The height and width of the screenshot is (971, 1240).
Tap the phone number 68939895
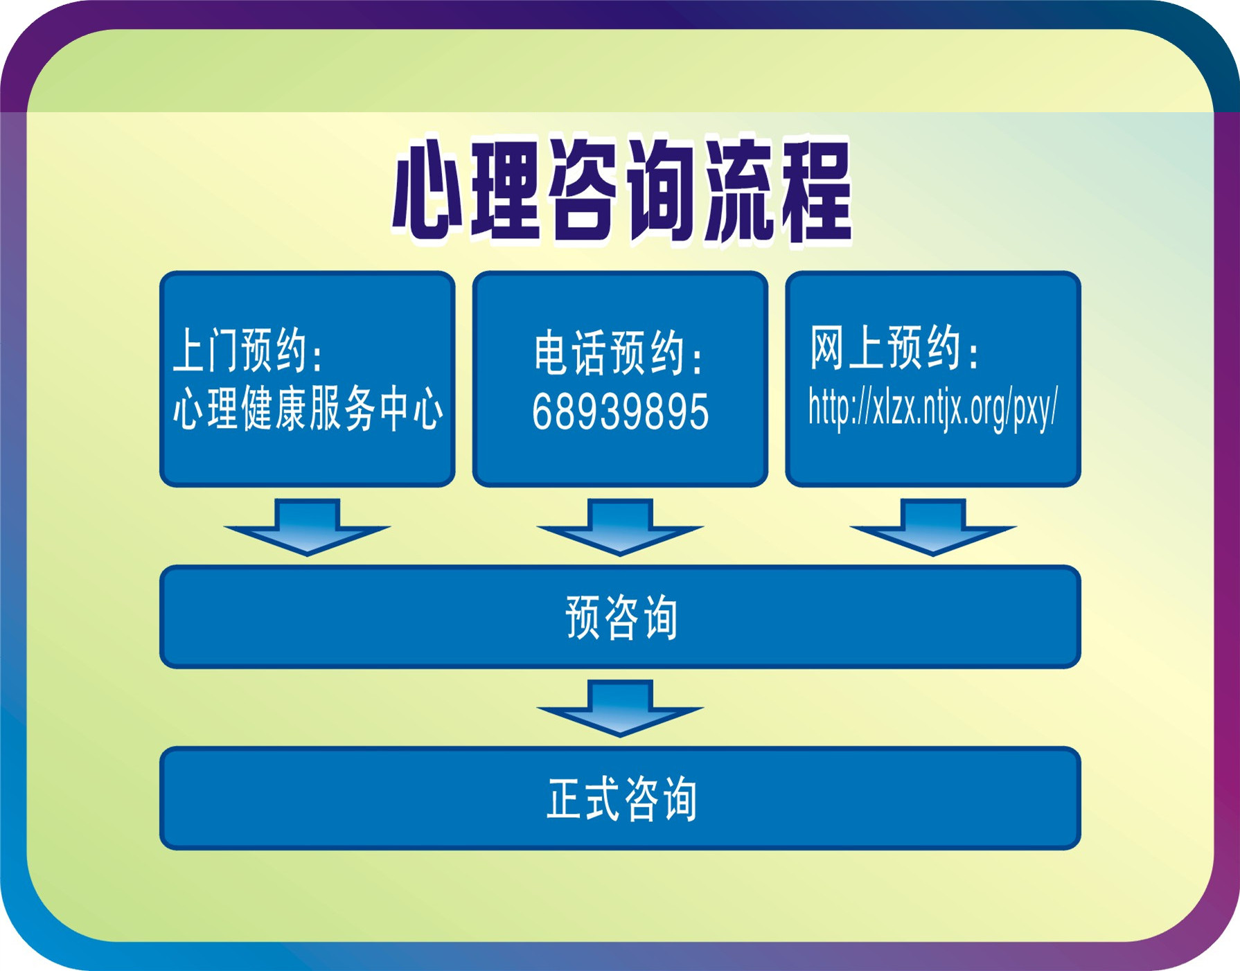(621, 411)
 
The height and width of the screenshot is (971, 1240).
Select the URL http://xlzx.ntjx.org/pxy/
(933, 408)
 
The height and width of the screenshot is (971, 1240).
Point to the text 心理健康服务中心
(308, 408)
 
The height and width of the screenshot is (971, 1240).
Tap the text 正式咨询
(621, 799)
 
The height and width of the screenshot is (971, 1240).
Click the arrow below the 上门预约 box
(307, 526)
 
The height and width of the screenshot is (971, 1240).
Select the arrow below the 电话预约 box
(620, 526)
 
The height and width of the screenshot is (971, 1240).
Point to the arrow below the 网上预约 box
(933, 526)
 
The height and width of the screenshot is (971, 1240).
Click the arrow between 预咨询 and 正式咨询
(620, 708)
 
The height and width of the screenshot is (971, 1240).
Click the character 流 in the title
(738, 190)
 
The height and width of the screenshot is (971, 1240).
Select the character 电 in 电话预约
(552, 353)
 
